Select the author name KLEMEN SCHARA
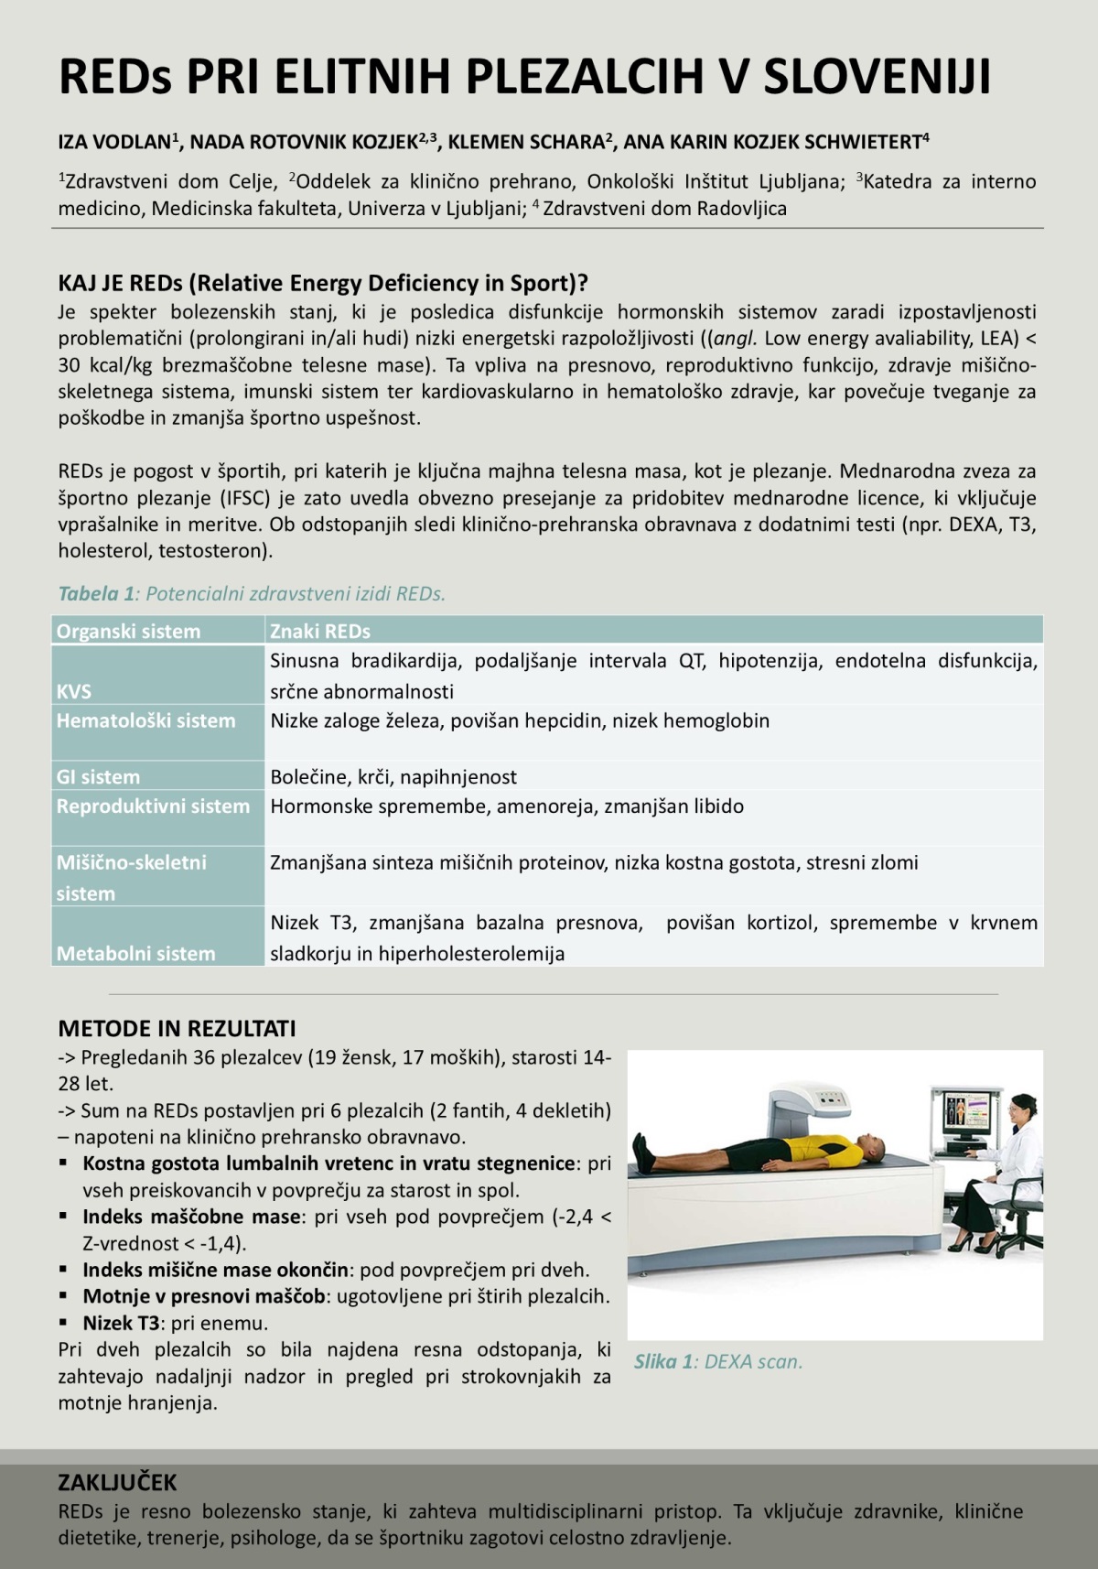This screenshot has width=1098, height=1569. point(526,142)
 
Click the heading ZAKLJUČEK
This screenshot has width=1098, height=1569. point(117,1482)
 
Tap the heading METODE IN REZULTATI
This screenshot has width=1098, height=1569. point(177,1029)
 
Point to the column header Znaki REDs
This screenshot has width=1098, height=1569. point(319,631)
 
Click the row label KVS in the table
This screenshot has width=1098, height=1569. point(73,691)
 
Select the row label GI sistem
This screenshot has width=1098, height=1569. point(98,777)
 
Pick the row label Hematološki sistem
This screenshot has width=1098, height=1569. point(145,720)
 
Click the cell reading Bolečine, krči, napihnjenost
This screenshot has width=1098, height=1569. point(393,777)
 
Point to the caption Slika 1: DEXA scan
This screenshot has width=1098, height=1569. point(718,1361)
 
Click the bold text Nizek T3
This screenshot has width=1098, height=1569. point(121,1323)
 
